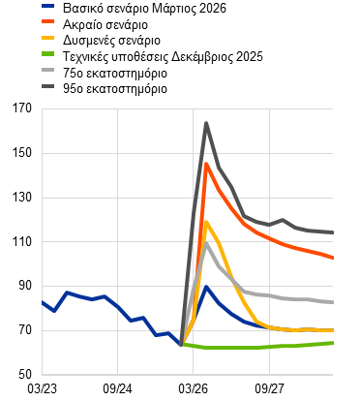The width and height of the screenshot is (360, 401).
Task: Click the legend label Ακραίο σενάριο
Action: click(105, 24)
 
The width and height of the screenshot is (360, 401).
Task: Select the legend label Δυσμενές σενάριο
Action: click(111, 41)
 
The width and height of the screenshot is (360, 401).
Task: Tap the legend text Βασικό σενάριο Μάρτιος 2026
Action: click(144, 8)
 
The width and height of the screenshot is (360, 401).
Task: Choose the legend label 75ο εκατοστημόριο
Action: click(115, 73)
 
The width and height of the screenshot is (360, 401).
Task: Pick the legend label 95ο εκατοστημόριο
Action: click(115, 89)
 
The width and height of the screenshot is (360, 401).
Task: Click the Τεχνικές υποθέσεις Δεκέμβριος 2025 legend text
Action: click(163, 57)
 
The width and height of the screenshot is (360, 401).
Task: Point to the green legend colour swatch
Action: click(48, 54)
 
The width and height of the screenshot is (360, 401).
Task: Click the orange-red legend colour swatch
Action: click(48, 21)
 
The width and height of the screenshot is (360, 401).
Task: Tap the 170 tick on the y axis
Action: click(22, 108)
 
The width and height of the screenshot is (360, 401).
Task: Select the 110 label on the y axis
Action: click(22, 241)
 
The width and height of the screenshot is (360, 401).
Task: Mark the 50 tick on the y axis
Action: click(25, 375)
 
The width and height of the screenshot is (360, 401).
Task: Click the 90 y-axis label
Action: click(25, 286)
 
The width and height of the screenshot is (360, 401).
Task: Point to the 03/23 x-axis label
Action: click(42, 388)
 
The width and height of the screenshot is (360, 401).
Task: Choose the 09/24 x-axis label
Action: click(117, 388)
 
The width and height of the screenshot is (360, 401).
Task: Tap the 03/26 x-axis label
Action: click(193, 388)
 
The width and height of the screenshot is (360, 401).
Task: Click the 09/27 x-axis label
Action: click(269, 388)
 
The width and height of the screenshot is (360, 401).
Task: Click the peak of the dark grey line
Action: click(206, 123)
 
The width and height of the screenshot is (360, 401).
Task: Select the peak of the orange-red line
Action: click(206, 164)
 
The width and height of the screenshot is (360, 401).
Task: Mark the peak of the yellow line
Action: click(206, 222)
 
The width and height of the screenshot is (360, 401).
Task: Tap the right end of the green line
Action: click(333, 343)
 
